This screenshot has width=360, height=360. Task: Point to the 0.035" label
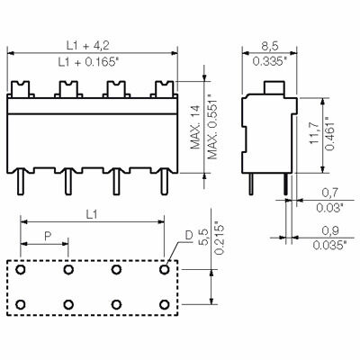(x=329, y=245)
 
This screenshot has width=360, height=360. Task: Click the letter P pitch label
(x=45, y=235)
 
